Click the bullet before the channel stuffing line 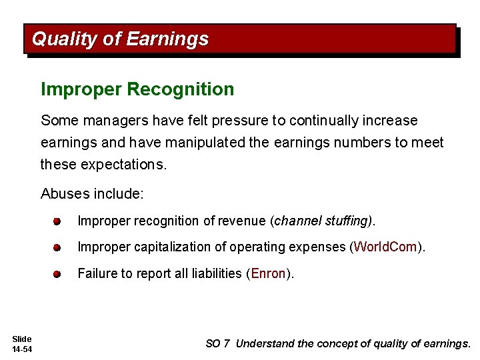58,221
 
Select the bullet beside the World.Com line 58,247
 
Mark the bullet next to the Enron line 58,274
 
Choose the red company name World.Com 385,247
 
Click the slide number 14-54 22,349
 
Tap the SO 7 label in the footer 217,344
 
